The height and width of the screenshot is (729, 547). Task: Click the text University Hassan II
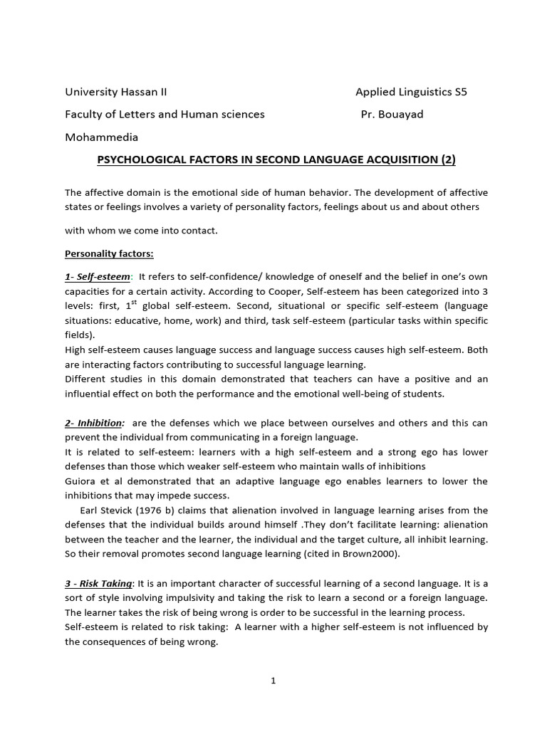point(116,92)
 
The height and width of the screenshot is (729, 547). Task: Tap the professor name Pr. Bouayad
point(392,114)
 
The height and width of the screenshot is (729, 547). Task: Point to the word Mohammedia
point(102,137)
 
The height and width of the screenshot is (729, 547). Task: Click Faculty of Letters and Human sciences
point(165,114)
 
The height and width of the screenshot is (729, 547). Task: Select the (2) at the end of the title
point(447,160)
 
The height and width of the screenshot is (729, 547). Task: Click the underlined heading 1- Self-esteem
point(98,276)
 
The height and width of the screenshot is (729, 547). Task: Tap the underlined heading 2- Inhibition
point(94,423)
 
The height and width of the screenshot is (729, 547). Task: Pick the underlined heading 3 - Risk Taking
point(98,584)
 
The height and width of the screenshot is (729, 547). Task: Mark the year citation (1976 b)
point(160,510)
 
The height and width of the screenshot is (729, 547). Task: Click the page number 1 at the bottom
point(273,681)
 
